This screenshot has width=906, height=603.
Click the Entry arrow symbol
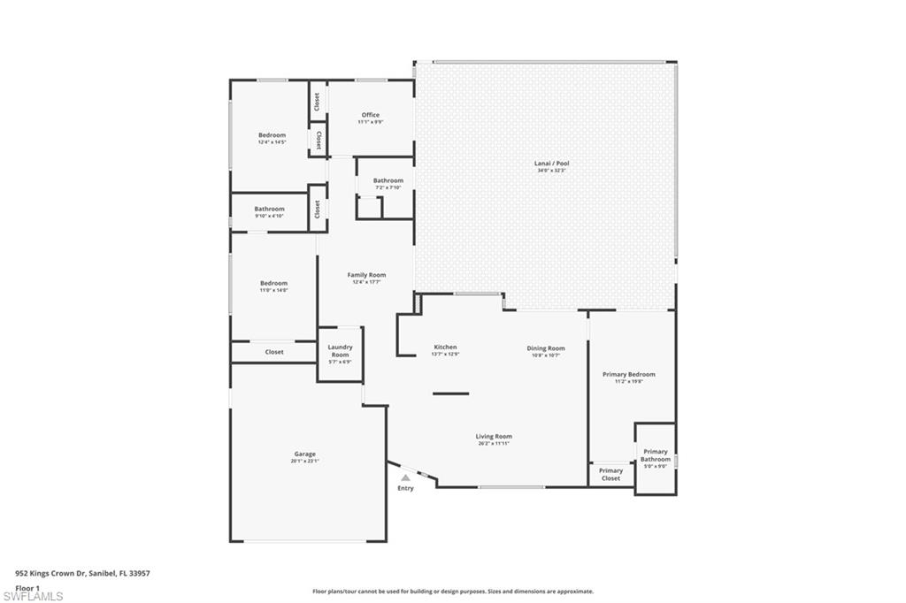point(405,477)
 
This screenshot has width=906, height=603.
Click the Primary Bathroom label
point(656,455)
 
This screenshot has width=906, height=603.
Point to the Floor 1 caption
point(28,587)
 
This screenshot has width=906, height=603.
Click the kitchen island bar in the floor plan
point(451,393)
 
